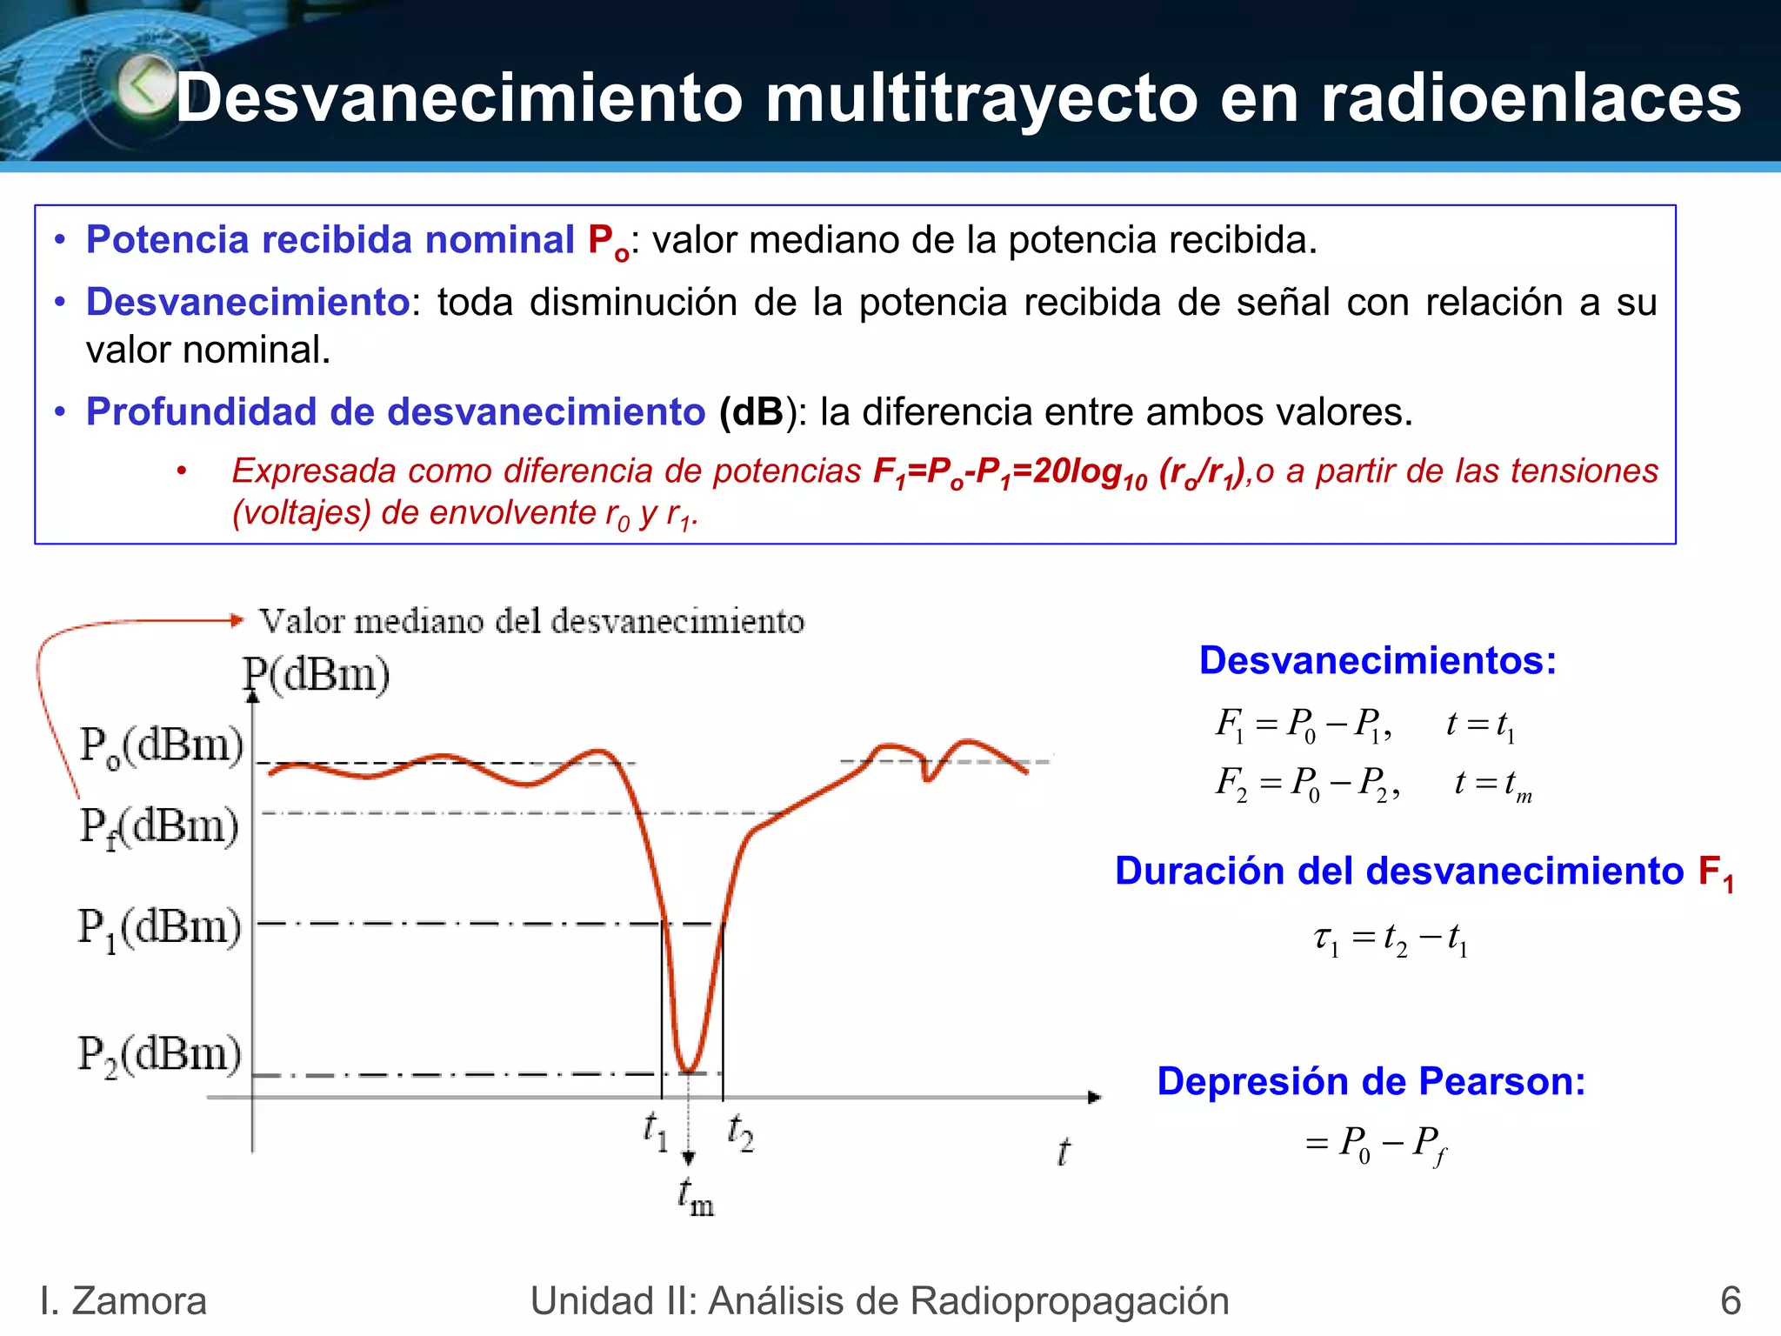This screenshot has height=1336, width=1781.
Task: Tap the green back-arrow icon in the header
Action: click(x=146, y=85)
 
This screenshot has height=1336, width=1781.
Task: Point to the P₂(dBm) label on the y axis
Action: click(x=160, y=1055)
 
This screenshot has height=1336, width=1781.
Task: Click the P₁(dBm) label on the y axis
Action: click(x=160, y=928)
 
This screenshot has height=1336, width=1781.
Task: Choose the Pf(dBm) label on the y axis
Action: click(x=159, y=826)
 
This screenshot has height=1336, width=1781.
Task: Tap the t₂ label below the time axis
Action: click(x=740, y=1132)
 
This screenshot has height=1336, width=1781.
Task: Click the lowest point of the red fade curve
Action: click(x=688, y=1071)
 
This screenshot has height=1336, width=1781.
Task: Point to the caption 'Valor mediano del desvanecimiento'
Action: click(x=531, y=621)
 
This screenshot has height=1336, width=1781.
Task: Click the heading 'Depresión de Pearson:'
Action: click(x=1371, y=1081)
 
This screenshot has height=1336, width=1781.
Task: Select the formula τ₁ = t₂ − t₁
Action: click(x=1391, y=939)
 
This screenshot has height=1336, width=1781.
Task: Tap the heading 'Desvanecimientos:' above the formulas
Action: click(x=1377, y=660)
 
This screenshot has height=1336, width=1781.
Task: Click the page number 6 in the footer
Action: click(x=1730, y=1301)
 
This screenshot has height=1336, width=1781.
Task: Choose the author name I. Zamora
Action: click(x=123, y=1301)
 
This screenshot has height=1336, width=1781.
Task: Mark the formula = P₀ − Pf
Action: click(x=1376, y=1143)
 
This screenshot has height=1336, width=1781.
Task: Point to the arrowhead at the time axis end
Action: click(x=1095, y=1097)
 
